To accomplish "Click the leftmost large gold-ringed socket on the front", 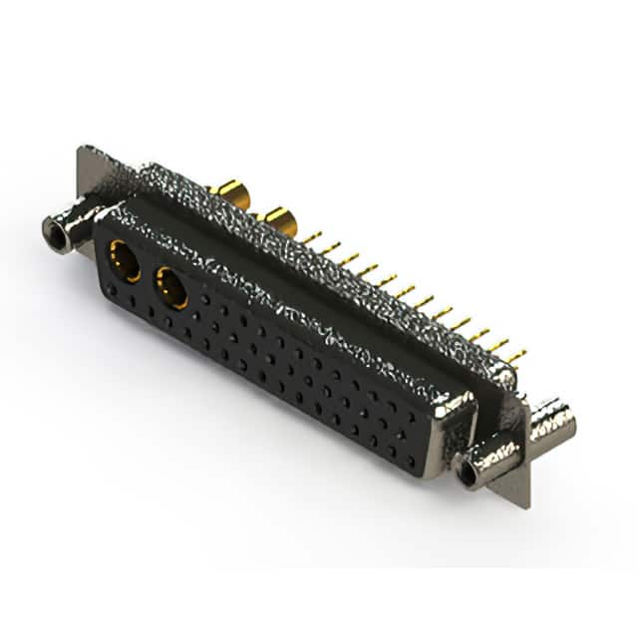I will click(124, 261).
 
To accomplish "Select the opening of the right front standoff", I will click(468, 476).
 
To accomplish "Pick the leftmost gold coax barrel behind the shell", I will click(229, 191).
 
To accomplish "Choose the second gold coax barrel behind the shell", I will click(277, 220).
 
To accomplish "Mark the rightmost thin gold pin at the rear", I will click(515, 355).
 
